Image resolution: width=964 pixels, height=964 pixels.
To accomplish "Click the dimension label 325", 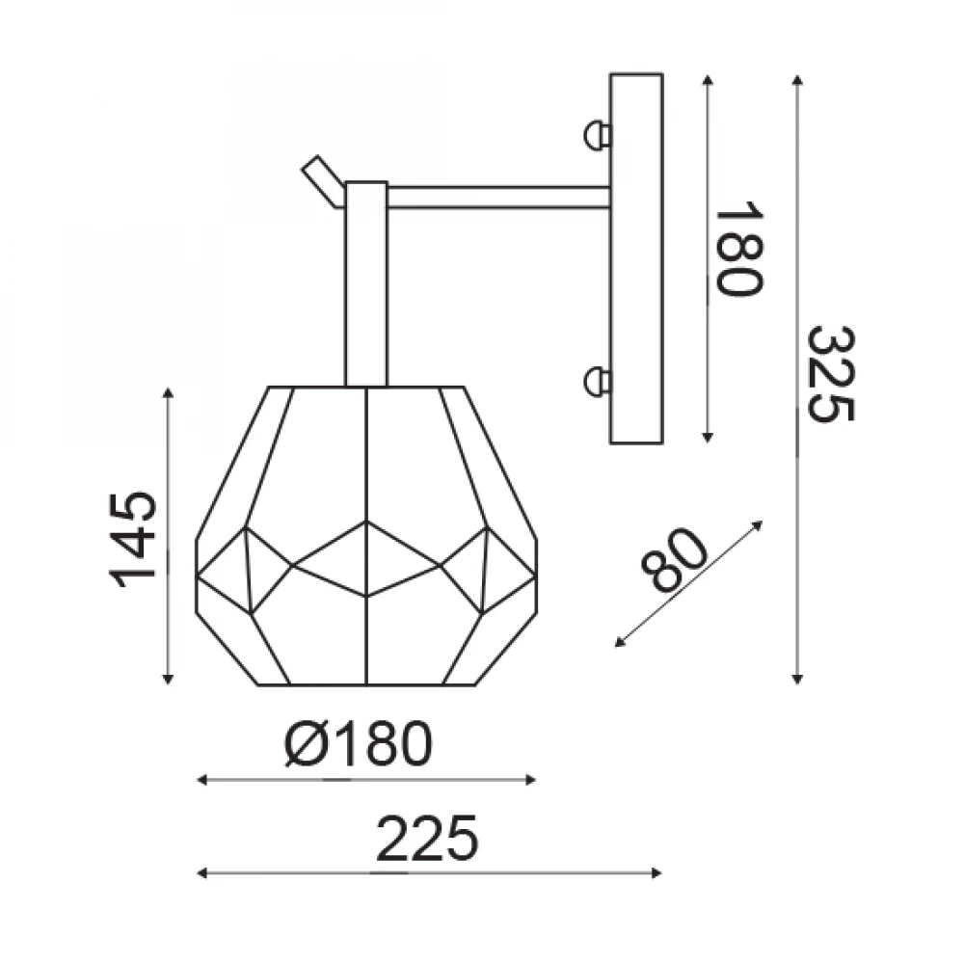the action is [829, 374].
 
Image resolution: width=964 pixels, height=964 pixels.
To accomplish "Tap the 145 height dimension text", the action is [133, 540].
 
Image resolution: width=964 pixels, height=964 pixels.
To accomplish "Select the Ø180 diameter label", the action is [359, 743].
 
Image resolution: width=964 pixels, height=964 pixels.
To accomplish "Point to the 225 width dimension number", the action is [426, 839].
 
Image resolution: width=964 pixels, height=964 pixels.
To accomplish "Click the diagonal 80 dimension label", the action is [674, 559].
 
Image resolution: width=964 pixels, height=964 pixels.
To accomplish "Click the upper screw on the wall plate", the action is [597, 135].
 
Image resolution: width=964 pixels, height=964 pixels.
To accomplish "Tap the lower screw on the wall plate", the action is [597, 381].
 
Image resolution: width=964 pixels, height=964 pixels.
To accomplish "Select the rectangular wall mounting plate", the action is [636, 258].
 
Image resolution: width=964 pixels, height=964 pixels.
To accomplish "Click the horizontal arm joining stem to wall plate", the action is [498, 198].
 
